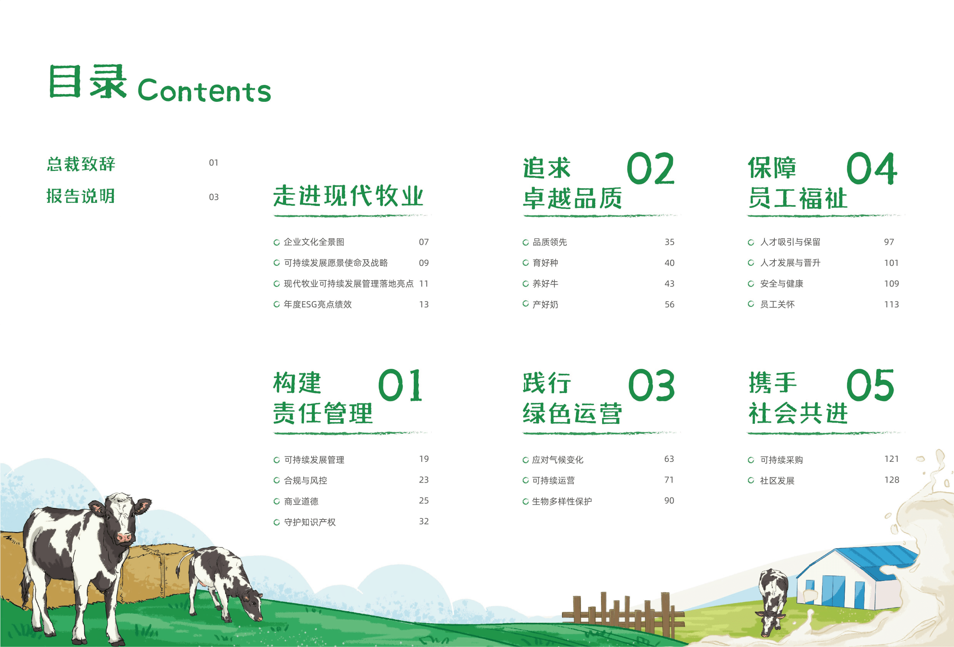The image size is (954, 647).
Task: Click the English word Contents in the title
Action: (205, 90)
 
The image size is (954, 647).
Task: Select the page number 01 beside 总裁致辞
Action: (213, 163)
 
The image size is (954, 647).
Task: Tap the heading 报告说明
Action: (81, 196)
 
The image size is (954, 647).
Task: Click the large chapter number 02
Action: (651, 169)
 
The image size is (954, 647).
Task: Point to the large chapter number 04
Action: (871, 169)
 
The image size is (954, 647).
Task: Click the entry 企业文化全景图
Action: (314, 242)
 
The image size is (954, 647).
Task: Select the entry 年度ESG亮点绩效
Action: (318, 304)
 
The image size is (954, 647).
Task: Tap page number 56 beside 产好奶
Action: (669, 304)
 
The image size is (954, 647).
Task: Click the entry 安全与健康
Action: (782, 284)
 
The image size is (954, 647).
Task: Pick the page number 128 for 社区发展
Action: (892, 479)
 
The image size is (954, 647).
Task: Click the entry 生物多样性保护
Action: (562, 501)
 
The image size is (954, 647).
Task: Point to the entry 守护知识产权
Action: (310, 522)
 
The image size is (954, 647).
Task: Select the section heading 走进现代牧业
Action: (348, 196)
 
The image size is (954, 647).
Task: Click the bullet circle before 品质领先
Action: (525, 242)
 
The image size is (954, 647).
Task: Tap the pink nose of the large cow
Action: (124, 537)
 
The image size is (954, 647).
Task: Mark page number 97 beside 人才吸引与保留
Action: (889, 242)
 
